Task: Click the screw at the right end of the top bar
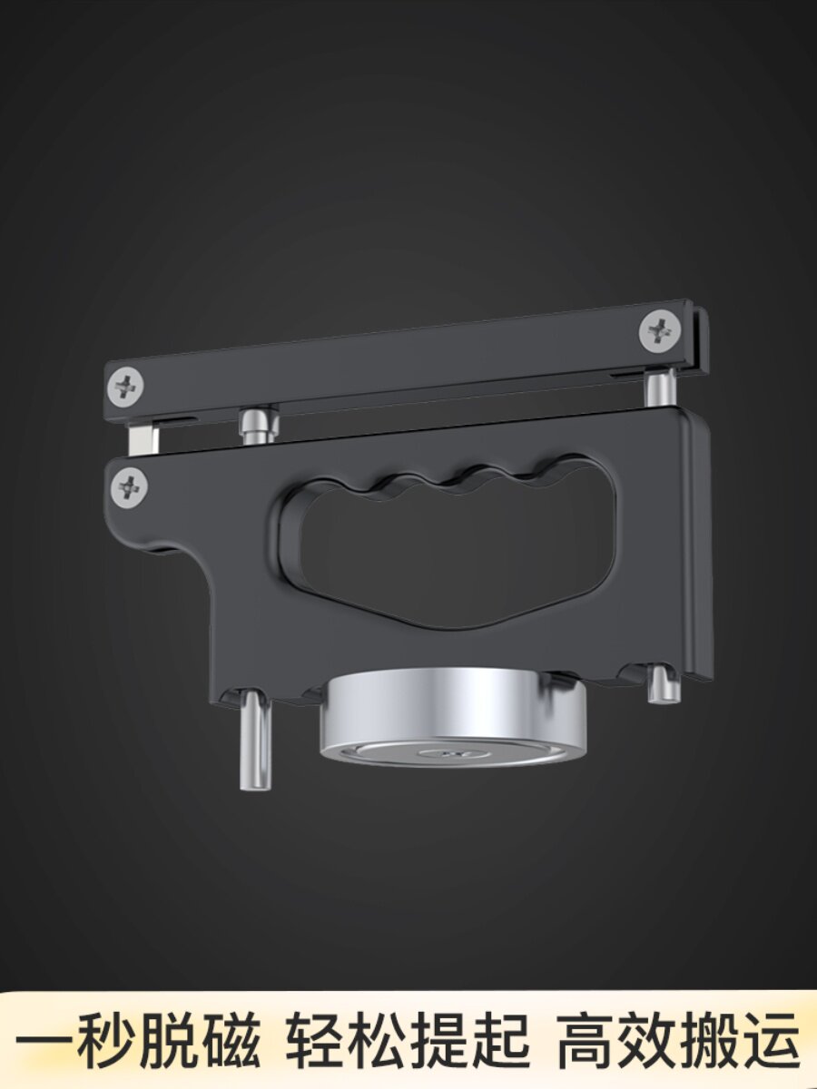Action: click(x=660, y=330)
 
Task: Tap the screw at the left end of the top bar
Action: click(x=125, y=385)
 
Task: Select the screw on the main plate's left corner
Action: click(x=130, y=487)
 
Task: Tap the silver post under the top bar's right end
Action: click(x=660, y=388)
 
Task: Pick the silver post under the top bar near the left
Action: click(x=259, y=425)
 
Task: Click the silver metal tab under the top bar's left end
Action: click(x=143, y=438)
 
